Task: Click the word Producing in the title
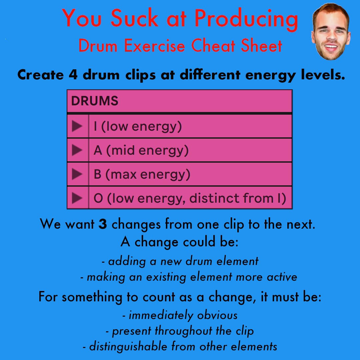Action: pos(246,19)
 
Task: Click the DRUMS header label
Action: pos(95,101)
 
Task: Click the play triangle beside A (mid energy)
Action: pos(77,150)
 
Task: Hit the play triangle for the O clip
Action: pos(77,198)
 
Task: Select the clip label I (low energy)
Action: pos(138,127)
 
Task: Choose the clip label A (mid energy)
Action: pos(141,151)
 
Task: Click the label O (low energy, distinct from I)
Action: pos(190,198)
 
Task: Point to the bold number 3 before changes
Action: pos(103,224)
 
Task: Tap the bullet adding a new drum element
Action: pos(180,261)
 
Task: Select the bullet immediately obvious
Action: pos(180,315)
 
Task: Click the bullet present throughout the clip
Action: pos(180,331)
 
